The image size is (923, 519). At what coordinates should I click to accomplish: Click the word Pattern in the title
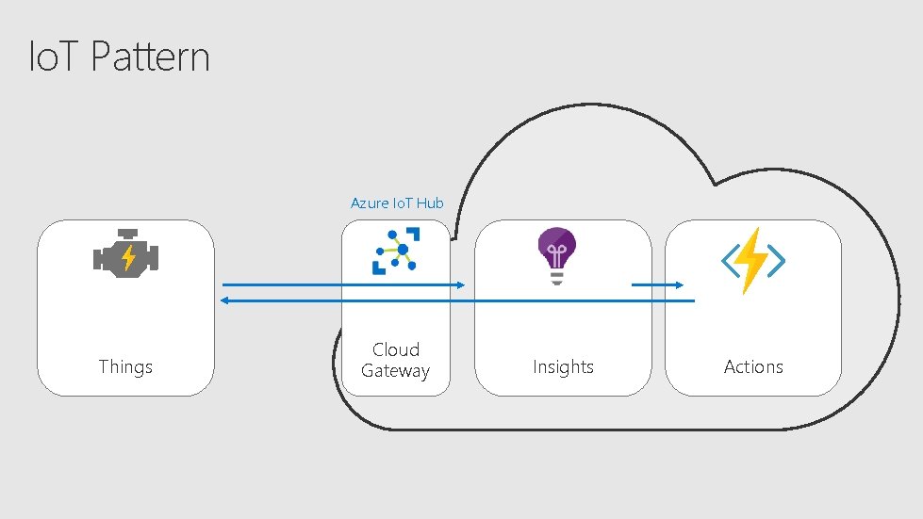[x=150, y=57]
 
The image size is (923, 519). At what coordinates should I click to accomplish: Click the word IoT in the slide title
[x=56, y=57]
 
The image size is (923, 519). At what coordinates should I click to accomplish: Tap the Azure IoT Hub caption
[x=397, y=203]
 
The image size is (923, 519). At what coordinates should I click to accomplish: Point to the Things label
[x=125, y=366]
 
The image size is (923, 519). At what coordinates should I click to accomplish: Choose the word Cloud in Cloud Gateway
[x=396, y=349]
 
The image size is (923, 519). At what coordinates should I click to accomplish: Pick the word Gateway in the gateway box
[x=396, y=371]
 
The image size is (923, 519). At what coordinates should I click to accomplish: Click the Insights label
[x=563, y=366]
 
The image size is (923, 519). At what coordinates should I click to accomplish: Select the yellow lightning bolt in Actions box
[x=753, y=260]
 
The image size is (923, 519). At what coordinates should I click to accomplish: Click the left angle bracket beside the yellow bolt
[x=731, y=263]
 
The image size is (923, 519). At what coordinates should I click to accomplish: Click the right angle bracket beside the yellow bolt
[x=776, y=263]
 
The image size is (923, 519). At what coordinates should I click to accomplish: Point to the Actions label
[x=753, y=366]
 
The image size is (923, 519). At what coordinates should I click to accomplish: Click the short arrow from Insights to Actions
[x=657, y=284]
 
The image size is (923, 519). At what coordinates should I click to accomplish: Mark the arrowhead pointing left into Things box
[x=223, y=300]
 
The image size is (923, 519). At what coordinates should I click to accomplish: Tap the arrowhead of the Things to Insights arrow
[x=460, y=284]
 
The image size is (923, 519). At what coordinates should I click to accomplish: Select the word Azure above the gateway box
[x=367, y=203]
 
